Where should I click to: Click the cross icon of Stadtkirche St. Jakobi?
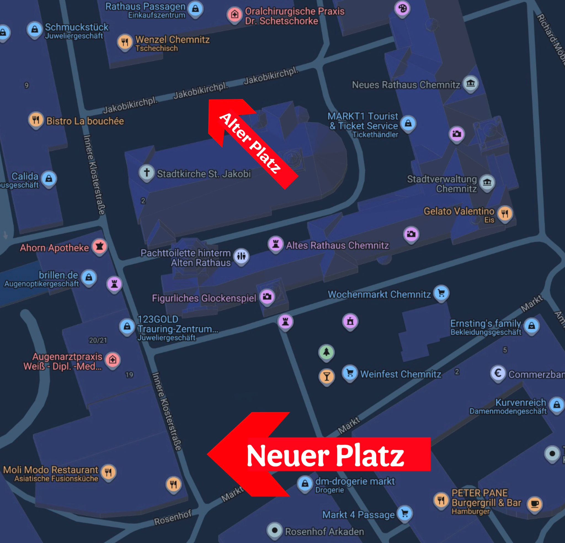tap(147, 172)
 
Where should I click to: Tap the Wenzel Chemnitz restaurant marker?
tap(124, 42)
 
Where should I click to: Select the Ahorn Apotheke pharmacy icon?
tap(99, 246)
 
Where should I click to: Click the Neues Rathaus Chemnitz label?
tap(406, 85)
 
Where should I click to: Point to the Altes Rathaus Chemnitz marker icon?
tap(276, 244)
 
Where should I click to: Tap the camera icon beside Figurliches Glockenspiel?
tap(267, 296)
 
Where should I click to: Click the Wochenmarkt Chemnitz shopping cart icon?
tap(441, 293)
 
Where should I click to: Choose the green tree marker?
tap(326, 352)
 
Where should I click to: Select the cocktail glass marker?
tap(327, 376)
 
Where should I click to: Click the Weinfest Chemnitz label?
tap(401, 374)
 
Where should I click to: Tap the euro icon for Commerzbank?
tap(498, 373)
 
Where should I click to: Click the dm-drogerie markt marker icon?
tap(305, 483)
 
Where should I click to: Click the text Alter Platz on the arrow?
tap(250, 143)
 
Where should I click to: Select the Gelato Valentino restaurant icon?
tap(505, 213)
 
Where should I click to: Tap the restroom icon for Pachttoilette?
tap(241, 256)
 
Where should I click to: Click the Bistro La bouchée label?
tap(85, 121)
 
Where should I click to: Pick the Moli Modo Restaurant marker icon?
tap(108, 472)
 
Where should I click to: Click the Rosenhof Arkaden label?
tap(324, 531)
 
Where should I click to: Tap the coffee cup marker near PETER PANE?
tap(535, 504)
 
